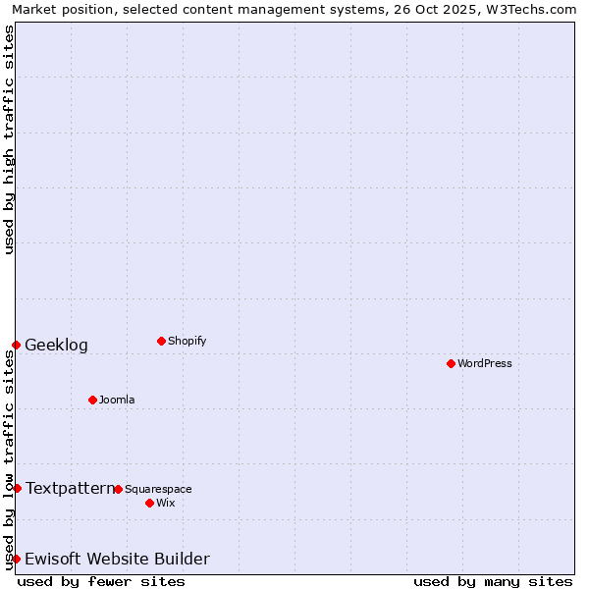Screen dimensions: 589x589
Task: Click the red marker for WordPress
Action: point(451,363)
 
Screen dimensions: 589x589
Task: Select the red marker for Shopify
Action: point(161,341)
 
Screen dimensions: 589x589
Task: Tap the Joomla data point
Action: point(92,400)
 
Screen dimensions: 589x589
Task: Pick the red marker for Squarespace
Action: point(118,489)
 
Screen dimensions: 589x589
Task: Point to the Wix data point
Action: point(149,503)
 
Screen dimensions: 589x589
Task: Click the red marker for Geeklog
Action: point(16,345)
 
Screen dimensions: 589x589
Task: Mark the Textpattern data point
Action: point(17,488)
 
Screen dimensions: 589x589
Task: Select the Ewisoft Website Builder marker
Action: point(16,559)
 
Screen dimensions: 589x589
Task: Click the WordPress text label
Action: point(485,364)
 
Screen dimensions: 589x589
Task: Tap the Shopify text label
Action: point(187,342)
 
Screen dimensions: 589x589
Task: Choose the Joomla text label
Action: point(117,401)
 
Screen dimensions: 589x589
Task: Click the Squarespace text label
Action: point(158,490)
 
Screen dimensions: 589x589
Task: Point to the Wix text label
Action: point(166,504)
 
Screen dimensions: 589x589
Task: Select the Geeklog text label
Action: point(56,346)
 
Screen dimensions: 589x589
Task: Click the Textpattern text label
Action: point(70,488)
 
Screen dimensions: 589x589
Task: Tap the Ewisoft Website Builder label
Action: point(117,560)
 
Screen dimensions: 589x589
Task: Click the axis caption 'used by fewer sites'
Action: point(101,581)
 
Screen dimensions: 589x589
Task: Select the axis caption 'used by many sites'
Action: point(493,581)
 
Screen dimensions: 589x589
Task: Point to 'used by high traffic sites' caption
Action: point(9,139)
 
